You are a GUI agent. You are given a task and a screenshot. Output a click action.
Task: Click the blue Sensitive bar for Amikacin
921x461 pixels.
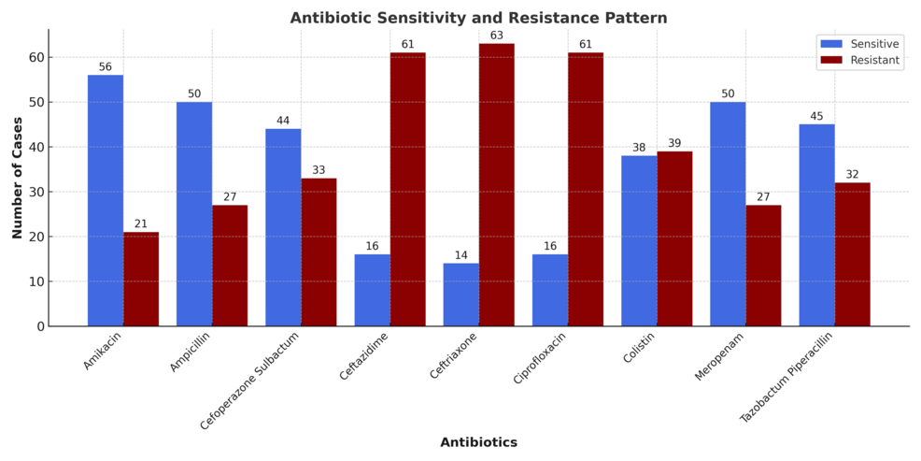pyautogui.click(x=106, y=200)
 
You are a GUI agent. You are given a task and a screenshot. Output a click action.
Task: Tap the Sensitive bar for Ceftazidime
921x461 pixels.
pyautogui.click(x=372, y=290)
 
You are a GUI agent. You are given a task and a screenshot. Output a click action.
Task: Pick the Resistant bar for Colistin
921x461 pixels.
pyautogui.click(x=674, y=238)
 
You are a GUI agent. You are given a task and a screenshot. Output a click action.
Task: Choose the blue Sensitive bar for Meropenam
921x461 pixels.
pyautogui.click(x=728, y=214)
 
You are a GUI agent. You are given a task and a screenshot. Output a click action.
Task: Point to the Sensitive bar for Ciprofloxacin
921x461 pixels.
pyautogui.click(x=550, y=290)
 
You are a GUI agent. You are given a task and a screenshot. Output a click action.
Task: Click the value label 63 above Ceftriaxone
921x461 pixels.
pyautogui.click(x=496, y=36)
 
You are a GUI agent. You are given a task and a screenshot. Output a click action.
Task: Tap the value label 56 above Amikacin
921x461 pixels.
pyautogui.click(x=106, y=67)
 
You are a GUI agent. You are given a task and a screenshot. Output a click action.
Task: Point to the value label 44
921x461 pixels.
pyautogui.click(x=283, y=122)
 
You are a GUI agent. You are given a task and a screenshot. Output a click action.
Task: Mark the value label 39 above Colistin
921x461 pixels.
pyautogui.click(x=674, y=143)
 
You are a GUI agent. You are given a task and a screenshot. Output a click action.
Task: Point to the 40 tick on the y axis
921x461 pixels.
pyautogui.click(x=37, y=147)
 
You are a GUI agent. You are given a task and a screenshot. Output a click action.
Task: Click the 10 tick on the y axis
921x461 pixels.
pyautogui.click(x=37, y=281)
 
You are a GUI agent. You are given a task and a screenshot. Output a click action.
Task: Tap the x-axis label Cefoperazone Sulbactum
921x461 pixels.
pyautogui.click(x=250, y=381)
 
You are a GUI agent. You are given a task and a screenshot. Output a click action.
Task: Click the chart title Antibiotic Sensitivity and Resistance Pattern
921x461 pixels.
pyautogui.click(x=478, y=18)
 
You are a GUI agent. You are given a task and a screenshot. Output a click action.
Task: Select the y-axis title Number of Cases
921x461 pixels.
pyautogui.click(x=18, y=178)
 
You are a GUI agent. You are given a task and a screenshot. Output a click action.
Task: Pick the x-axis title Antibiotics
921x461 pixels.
pyautogui.click(x=478, y=442)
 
